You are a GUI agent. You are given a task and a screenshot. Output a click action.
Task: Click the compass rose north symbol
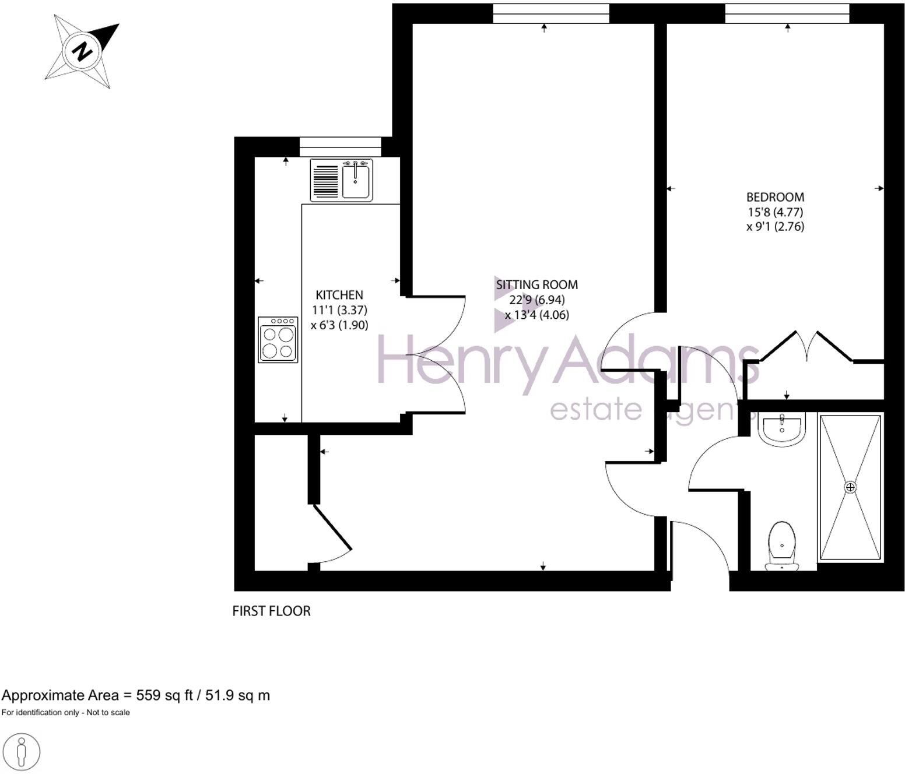pyautogui.click(x=83, y=51)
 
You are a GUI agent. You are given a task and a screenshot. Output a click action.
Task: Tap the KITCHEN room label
pyautogui.click(x=339, y=295)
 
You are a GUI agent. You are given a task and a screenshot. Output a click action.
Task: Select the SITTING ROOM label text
pyautogui.click(x=536, y=285)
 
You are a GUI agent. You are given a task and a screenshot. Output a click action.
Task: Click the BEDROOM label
pyautogui.click(x=775, y=197)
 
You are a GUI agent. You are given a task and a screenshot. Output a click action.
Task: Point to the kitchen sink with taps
pyautogui.click(x=356, y=180)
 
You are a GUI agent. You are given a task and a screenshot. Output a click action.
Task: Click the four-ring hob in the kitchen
pyautogui.click(x=278, y=339)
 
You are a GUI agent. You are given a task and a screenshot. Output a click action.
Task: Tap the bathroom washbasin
pyautogui.click(x=781, y=428)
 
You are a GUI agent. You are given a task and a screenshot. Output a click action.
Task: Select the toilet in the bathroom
pyautogui.click(x=781, y=545)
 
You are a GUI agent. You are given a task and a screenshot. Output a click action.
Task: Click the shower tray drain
pyautogui.click(x=850, y=486)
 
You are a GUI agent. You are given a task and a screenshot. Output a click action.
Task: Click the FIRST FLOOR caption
pyautogui.click(x=271, y=611)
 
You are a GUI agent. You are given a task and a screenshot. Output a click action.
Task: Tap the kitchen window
pyautogui.click(x=340, y=146)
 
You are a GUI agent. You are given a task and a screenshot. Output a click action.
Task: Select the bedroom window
pyautogui.click(x=787, y=13)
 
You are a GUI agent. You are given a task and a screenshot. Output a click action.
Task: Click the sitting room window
pyautogui.click(x=550, y=13)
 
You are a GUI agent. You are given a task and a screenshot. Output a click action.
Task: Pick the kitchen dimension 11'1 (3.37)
pyautogui.click(x=339, y=310)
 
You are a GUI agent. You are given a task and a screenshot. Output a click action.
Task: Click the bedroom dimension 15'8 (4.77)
pyautogui.click(x=775, y=212)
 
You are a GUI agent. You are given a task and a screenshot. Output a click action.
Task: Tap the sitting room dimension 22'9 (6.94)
pyautogui.click(x=536, y=300)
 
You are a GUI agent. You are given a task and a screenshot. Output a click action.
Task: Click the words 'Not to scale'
pyautogui.click(x=108, y=712)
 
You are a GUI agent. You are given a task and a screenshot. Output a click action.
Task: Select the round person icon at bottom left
pyautogui.click(x=22, y=751)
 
